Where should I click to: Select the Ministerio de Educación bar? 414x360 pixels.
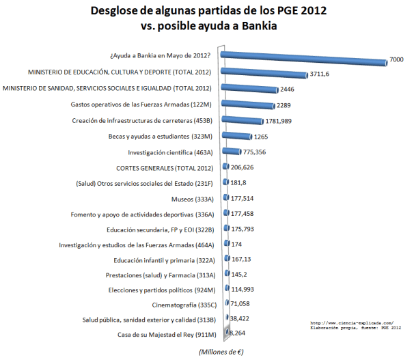click(x=264, y=72)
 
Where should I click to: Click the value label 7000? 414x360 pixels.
click(x=397, y=60)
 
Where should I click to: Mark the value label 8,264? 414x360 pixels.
click(x=237, y=333)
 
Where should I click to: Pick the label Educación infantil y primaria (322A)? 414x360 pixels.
click(x=165, y=260)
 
